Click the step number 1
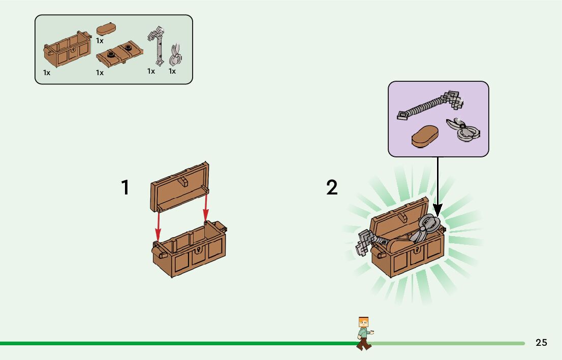tap(125, 188)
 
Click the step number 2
tap(331, 188)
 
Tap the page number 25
tap(541, 343)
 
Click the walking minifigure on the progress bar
tap(364, 333)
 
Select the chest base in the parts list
tap(68, 51)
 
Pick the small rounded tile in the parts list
tap(107, 29)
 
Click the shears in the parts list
tap(175, 55)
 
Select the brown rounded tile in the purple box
tap(426, 137)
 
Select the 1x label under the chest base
tap(47, 73)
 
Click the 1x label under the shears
tap(172, 71)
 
